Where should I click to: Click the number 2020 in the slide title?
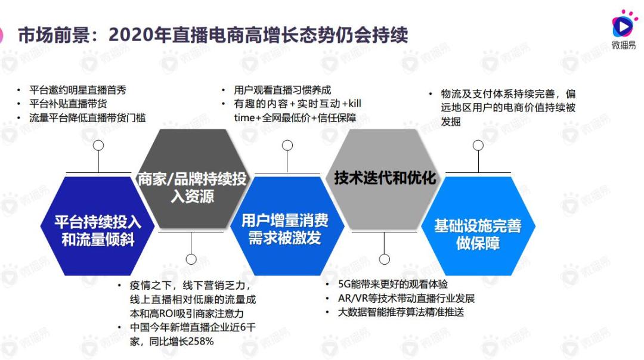click(x=131, y=35)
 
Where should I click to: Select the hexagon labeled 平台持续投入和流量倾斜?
click(x=98, y=226)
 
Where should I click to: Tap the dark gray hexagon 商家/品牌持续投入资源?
click(x=192, y=179)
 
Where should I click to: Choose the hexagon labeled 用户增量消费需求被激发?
click(x=287, y=226)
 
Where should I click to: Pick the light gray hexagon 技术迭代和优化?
click(x=385, y=179)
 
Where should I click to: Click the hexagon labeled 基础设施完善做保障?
click(x=478, y=226)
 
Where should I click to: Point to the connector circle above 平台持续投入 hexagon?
click(x=98, y=145)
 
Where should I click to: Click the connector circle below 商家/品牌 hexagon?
click(x=191, y=259)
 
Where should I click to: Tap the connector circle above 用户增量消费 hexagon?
click(x=287, y=145)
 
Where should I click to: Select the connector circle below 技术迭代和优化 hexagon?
click(x=385, y=259)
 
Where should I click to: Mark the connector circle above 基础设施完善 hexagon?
click(x=478, y=145)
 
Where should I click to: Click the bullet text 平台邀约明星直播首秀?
click(x=78, y=91)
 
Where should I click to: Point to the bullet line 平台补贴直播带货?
click(x=68, y=104)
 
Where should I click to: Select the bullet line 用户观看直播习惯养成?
click(x=283, y=91)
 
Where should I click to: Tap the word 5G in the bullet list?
click(x=344, y=284)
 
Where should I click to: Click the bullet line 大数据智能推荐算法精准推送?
click(x=401, y=312)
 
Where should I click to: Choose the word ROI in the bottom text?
click(x=168, y=314)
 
